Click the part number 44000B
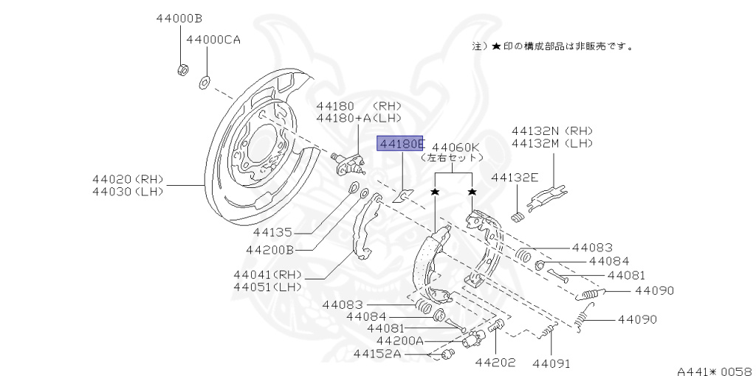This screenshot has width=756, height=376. pos(179,19)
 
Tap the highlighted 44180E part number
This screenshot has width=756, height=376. pos(401,143)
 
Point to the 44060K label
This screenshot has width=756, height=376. pos(456,146)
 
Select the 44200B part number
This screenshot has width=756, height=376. pos(270,251)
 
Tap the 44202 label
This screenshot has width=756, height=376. pos(495,363)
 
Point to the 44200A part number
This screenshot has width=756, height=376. pos(399,341)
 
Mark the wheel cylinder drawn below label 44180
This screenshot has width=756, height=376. pos(349,164)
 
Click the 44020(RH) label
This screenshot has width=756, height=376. pos(128,179)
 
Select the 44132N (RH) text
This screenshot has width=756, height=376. pos(552,130)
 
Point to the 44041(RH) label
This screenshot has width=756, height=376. pos(264,274)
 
